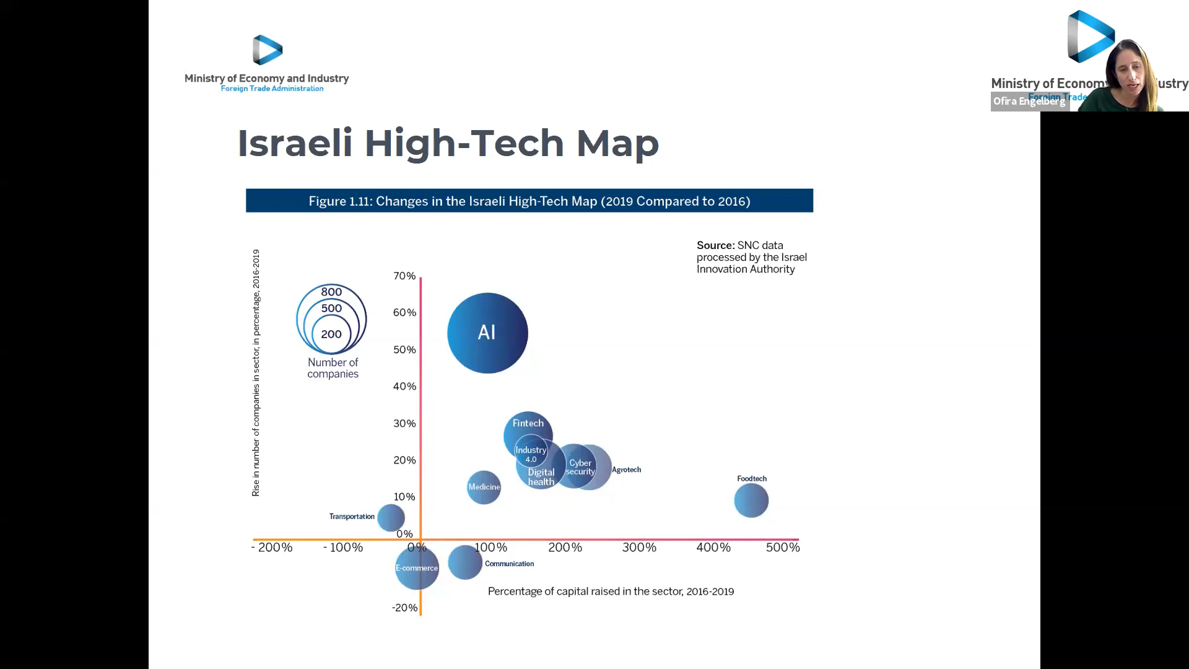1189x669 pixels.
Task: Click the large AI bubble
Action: (x=487, y=333)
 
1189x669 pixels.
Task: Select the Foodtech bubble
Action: (x=751, y=501)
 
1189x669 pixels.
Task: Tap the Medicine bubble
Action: (x=484, y=487)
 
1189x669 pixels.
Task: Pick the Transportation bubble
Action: (x=391, y=517)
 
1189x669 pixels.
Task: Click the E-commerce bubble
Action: (x=417, y=568)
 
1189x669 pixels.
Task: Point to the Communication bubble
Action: (x=464, y=562)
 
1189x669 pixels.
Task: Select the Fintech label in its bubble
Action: (x=528, y=423)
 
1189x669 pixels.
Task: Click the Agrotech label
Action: (x=626, y=470)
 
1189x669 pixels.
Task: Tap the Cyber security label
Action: (x=580, y=467)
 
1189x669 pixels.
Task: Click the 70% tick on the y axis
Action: (x=404, y=276)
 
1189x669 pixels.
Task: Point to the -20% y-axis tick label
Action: (x=404, y=608)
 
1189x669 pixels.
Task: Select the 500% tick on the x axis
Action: (x=783, y=548)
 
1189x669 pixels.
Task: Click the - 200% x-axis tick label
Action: (x=272, y=548)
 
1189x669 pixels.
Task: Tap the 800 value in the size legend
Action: (x=331, y=292)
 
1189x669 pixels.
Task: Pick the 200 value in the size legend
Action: (x=331, y=334)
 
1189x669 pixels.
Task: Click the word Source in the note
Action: (x=715, y=245)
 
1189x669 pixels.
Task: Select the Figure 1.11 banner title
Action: (x=529, y=201)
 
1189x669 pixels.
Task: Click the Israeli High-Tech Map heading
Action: (x=448, y=143)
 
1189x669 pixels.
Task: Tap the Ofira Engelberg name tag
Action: (x=1029, y=101)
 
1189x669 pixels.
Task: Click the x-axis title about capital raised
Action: (x=611, y=592)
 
